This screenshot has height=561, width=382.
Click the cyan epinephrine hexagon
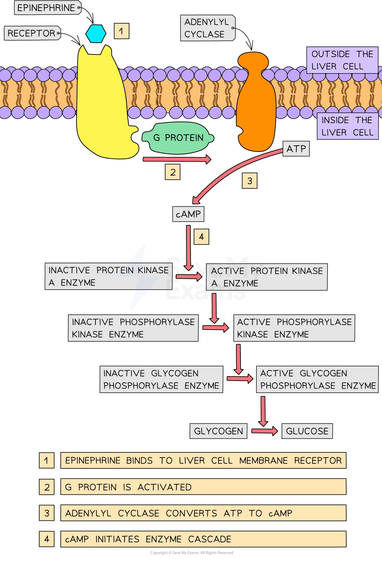click(96, 34)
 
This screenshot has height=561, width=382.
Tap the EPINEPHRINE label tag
click(46, 8)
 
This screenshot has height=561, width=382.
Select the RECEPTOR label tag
click(32, 33)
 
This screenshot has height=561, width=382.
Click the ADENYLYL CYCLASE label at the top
click(207, 28)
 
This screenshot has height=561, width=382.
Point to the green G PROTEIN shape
click(178, 138)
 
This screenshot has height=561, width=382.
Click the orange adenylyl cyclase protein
click(256, 104)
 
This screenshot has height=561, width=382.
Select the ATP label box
click(296, 149)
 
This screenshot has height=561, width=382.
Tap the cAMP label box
click(188, 214)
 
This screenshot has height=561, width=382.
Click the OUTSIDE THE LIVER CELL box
click(342, 60)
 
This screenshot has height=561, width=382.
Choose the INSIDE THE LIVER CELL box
click(347, 126)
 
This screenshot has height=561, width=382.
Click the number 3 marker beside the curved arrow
click(249, 181)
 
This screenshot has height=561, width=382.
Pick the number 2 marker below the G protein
click(172, 172)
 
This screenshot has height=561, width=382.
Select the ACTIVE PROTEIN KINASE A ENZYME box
click(267, 277)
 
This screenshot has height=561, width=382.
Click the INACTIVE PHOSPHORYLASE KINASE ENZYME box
click(133, 328)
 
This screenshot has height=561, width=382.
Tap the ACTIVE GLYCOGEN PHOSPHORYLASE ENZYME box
click(317, 379)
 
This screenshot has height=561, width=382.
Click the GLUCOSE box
click(307, 431)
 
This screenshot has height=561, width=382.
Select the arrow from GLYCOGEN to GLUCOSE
click(264, 431)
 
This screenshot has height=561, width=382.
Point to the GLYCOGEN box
click(218, 431)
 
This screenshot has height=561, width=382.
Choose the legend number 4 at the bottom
click(46, 539)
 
